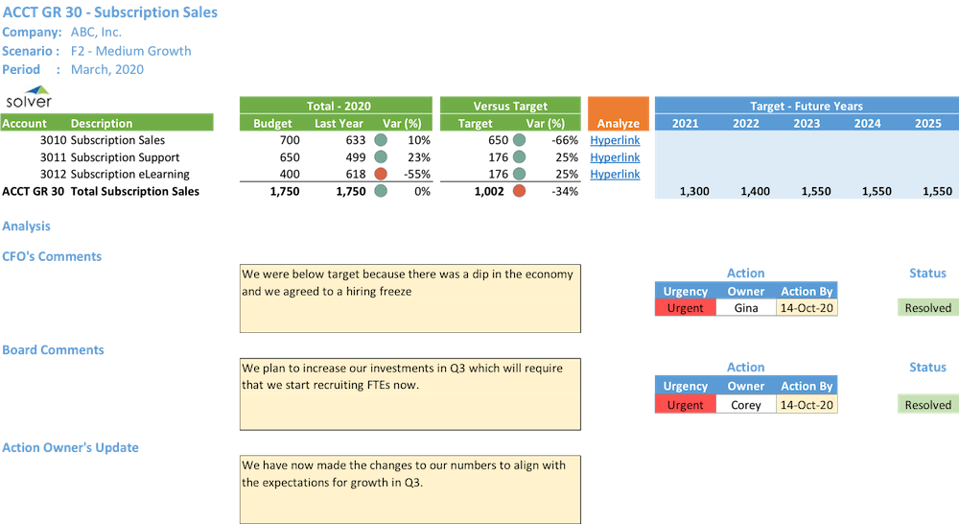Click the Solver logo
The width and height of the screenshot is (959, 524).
(28, 97)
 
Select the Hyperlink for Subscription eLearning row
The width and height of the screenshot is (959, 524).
(615, 175)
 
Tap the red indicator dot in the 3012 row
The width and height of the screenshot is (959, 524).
(380, 175)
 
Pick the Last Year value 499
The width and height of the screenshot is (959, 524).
(353, 157)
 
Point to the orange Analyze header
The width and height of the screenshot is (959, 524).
(618, 123)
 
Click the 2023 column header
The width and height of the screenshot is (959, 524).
(806, 123)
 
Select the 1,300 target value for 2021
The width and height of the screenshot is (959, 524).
(693, 192)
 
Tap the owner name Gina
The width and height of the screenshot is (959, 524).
(745, 308)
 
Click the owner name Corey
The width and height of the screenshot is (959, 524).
(745, 405)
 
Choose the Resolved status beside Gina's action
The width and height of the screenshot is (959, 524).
(927, 308)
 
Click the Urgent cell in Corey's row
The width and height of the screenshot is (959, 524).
(685, 405)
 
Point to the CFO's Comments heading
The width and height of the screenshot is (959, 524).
(52, 256)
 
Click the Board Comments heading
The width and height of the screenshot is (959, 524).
(53, 350)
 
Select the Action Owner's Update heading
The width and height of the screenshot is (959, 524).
(70, 447)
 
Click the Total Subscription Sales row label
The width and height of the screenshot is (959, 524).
(134, 192)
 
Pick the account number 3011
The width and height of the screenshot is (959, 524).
(53, 157)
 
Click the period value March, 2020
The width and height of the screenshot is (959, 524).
(107, 69)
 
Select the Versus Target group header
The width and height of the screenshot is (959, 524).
(510, 106)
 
